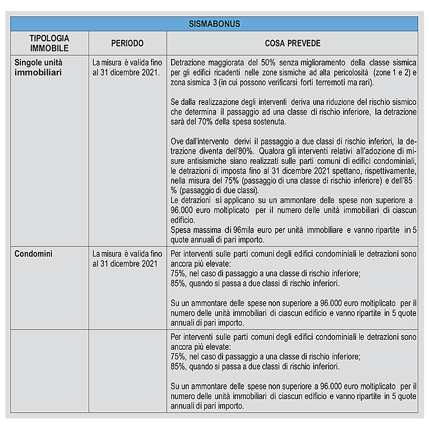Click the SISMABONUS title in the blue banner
point(214,24)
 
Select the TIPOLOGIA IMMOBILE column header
point(49,43)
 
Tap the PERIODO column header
point(127,43)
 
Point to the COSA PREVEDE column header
point(292,43)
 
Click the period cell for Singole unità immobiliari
point(126,67)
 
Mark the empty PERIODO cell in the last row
point(128,371)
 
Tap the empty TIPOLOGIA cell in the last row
point(49,371)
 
